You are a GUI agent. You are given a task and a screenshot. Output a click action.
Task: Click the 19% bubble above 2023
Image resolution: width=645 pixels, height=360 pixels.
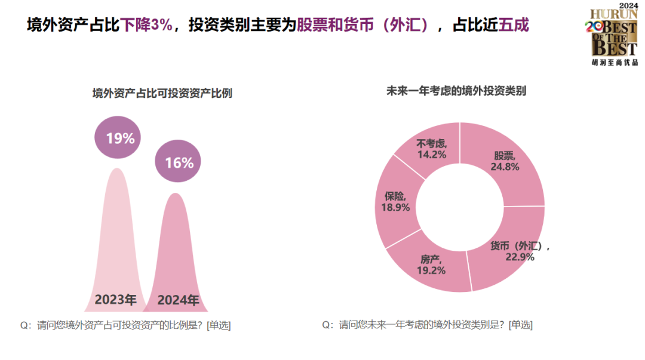click(120, 138)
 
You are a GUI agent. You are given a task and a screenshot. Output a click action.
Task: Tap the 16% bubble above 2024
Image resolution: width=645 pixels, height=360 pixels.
click(179, 162)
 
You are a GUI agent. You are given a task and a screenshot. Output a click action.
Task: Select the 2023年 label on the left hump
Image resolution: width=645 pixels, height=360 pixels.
click(115, 299)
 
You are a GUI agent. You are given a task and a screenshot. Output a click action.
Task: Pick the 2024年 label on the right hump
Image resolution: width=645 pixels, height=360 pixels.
click(178, 300)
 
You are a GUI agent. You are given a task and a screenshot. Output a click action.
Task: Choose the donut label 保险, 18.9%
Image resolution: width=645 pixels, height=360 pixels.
click(395, 202)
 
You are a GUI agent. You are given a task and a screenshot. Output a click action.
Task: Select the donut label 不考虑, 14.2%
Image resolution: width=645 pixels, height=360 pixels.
click(432, 149)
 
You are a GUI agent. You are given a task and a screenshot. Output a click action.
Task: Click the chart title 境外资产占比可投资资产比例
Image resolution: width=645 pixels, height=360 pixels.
click(162, 93)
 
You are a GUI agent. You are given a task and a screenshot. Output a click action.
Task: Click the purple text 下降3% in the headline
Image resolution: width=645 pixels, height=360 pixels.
click(146, 26)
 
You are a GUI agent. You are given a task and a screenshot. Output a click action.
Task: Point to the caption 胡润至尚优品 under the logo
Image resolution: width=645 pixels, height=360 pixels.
click(615, 61)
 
